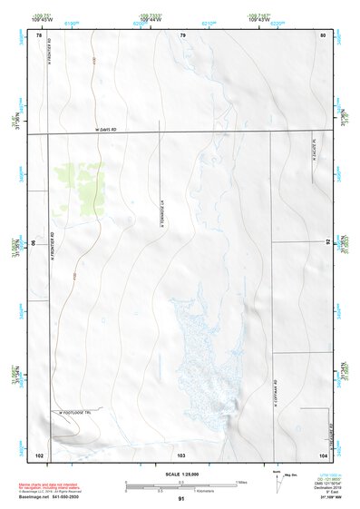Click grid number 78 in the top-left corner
pos(39,34)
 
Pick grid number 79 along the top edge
pos(182,34)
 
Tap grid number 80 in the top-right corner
pos(323,34)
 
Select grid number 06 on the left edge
pos(36,243)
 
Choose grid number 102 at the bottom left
pos(39,453)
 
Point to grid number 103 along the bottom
pos(181,453)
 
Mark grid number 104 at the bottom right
pos(323,453)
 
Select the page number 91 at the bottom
pos(181,500)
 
